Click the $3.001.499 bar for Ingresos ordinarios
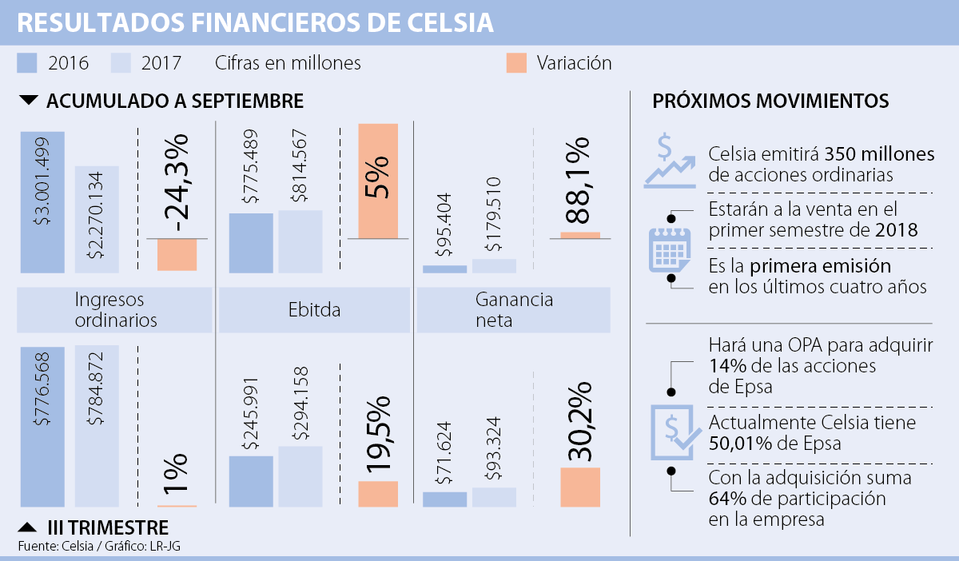[x=43, y=201]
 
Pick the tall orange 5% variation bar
[x=378, y=181]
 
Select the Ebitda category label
[x=314, y=310]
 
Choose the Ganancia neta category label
[x=512, y=310]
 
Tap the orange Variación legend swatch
[x=516, y=63]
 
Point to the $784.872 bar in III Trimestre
[x=97, y=425]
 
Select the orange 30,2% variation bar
[x=579, y=487]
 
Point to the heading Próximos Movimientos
[x=770, y=101]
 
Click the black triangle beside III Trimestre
[x=27, y=527]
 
